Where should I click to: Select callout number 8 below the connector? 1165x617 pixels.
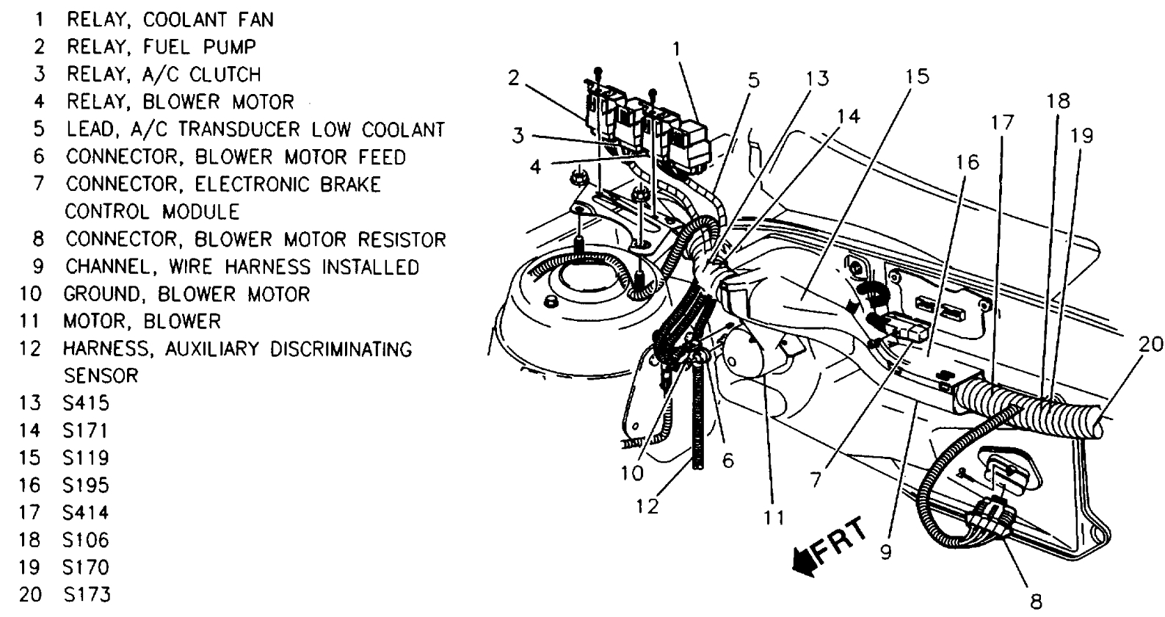pyautogui.click(x=1035, y=600)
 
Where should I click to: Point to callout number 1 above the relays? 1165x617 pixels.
pyautogui.click(x=676, y=49)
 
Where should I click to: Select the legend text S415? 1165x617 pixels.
pyautogui.click(x=86, y=403)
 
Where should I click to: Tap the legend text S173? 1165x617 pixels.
pyautogui.click(x=86, y=593)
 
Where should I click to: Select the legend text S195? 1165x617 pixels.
pyautogui.click(x=86, y=485)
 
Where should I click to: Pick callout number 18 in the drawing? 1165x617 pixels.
pyautogui.click(x=1059, y=101)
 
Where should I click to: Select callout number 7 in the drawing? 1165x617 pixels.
pyautogui.click(x=815, y=480)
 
